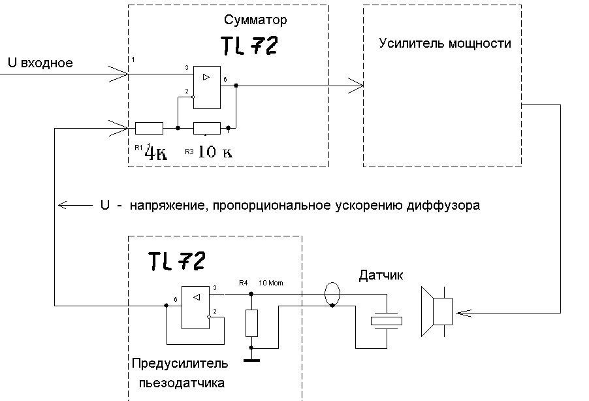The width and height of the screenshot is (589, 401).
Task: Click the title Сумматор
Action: (x=255, y=20)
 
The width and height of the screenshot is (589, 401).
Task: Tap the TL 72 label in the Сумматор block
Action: (x=249, y=46)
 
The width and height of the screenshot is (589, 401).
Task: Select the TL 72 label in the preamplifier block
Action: (x=177, y=261)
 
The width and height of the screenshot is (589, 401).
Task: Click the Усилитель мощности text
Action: (x=445, y=43)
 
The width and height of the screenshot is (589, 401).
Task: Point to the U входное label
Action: (x=40, y=63)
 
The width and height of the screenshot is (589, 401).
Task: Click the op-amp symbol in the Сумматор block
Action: (x=207, y=88)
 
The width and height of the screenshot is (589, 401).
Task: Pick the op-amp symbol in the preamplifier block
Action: (x=195, y=308)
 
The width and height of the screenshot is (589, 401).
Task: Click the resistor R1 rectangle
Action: (x=149, y=128)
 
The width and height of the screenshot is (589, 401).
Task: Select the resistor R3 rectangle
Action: (x=207, y=128)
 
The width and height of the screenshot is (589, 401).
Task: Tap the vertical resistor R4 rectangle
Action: (x=251, y=323)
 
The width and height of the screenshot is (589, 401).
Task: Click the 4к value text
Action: (x=156, y=153)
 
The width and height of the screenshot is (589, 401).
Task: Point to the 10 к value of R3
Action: (x=215, y=152)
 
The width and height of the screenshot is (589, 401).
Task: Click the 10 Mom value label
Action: (x=271, y=283)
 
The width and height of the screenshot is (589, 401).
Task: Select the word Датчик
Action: (x=381, y=276)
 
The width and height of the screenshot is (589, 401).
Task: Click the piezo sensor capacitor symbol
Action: (x=387, y=321)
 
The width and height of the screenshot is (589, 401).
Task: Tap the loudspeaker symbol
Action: (x=437, y=312)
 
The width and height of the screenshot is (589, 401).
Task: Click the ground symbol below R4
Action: (x=251, y=361)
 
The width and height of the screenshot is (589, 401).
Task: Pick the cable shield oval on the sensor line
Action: (x=332, y=293)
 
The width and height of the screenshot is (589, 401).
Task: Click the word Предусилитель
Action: (x=180, y=364)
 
